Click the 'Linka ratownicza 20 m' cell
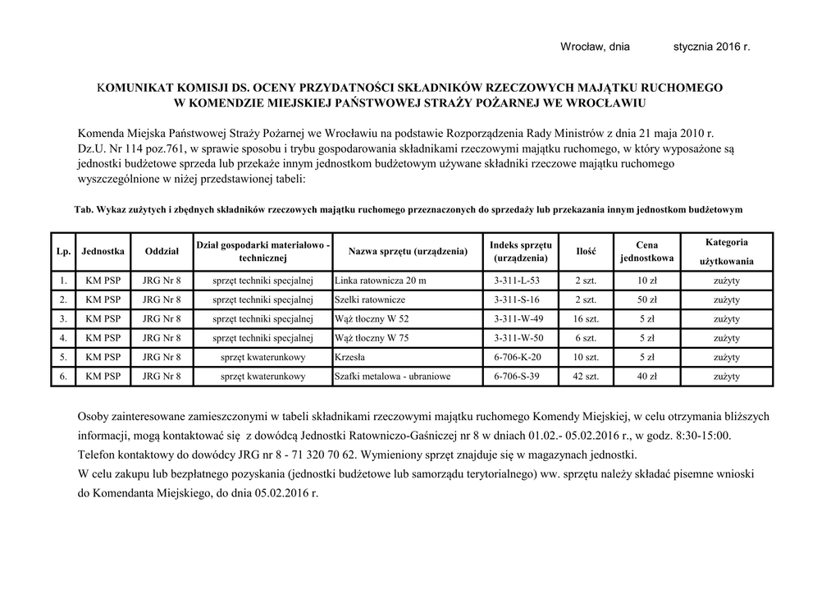[x=381, y=281]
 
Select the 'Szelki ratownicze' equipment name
[x=370, y=299]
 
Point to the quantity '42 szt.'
[x=587, y=377]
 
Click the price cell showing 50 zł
[x=647, y=299]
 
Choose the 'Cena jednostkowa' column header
[x=647, y=251]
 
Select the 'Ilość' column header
[x=587, y=251]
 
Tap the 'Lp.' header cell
[x=63, y=251]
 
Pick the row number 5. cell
[x=63, y=357]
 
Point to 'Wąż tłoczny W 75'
[x=372, y=338]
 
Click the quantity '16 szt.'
[x=587, y=319]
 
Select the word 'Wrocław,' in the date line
[x=583, y=47]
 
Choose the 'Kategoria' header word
[x=726, y=242]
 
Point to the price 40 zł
[x=647, y=377]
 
